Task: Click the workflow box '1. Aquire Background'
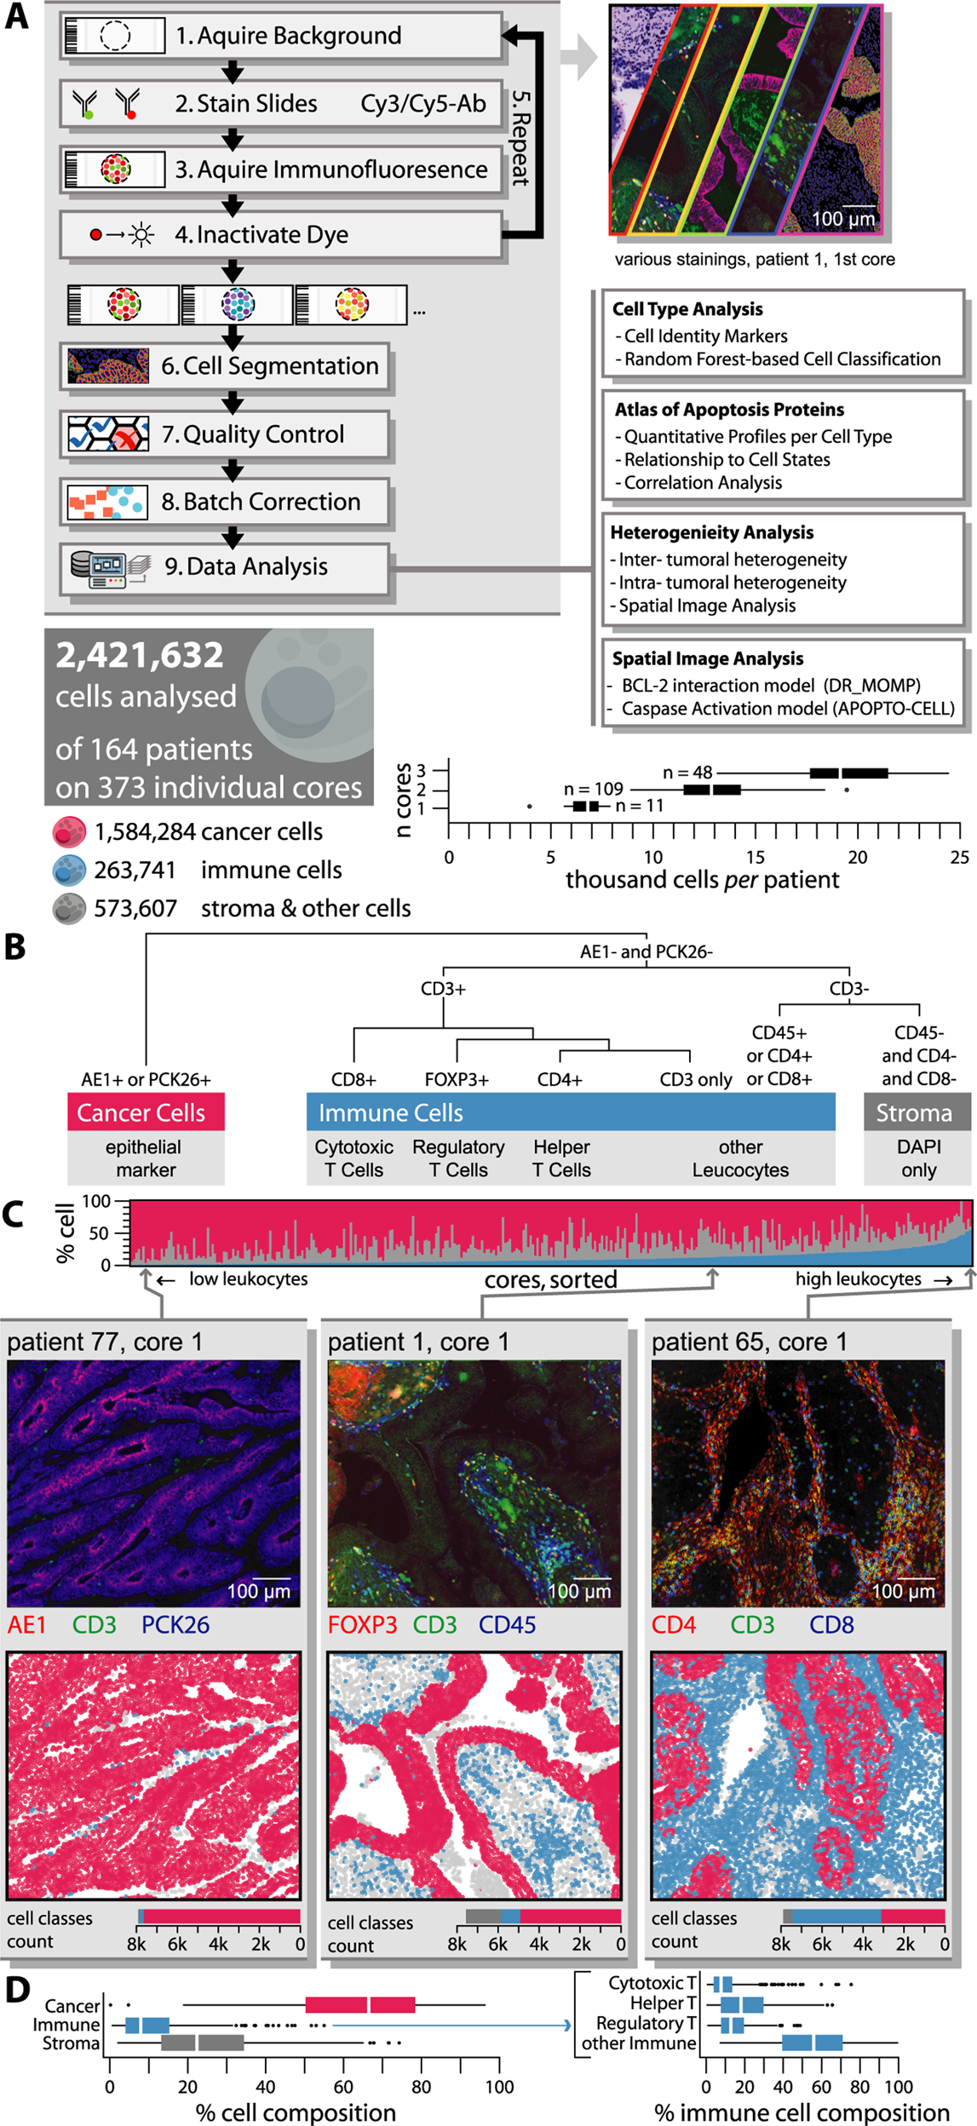tap(281, 36)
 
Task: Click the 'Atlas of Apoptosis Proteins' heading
tap(729, 410)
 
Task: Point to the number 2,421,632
tap(140, 655)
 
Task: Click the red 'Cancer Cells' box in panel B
tap(146, 1112)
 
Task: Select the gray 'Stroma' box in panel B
tap(917, 1112)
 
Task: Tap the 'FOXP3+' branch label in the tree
tap(457, 1079)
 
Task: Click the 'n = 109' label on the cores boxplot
tap(594, 789)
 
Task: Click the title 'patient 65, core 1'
tap(749, 1342)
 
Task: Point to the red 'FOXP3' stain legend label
tap(362, 1624)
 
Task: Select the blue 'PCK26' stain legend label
tap(175, 1624)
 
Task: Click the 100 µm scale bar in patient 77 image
tap(272, 1578)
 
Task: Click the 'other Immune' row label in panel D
tap(638, 2043)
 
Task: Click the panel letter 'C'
tap(14, 1215)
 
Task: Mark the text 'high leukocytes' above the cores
tap(858, 1278)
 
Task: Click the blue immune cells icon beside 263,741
tap(69, 870)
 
